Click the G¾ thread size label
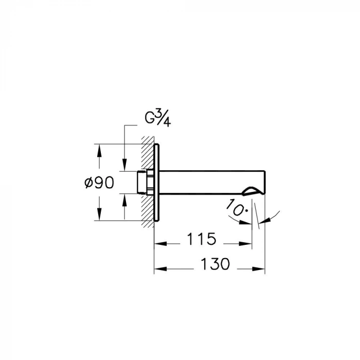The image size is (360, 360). click(x=157, y=120)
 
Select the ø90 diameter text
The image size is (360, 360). click(x=98, y=182)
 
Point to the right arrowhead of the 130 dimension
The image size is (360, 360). click(x=261, y=268)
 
